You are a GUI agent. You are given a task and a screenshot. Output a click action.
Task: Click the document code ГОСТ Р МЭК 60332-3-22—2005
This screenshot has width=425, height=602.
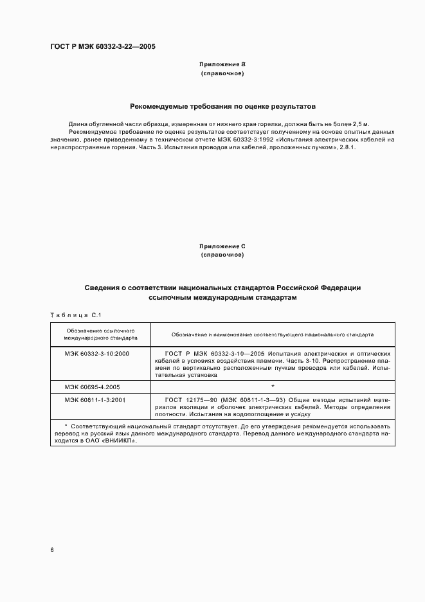coord(102,47)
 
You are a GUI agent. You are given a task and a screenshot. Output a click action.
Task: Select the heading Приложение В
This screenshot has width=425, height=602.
coord(222,65)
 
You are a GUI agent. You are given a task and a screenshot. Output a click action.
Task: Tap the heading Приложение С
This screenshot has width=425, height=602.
coord(222,246)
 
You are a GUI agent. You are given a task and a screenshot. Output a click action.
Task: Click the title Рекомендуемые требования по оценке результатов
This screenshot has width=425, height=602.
coord(222,106)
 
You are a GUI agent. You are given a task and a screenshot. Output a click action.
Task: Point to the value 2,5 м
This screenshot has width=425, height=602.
coord(361,123)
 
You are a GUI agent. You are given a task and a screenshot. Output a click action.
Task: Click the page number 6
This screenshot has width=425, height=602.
coord(52,550)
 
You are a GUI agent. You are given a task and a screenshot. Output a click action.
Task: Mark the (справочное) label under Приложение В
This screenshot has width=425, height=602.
coord(222,74)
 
